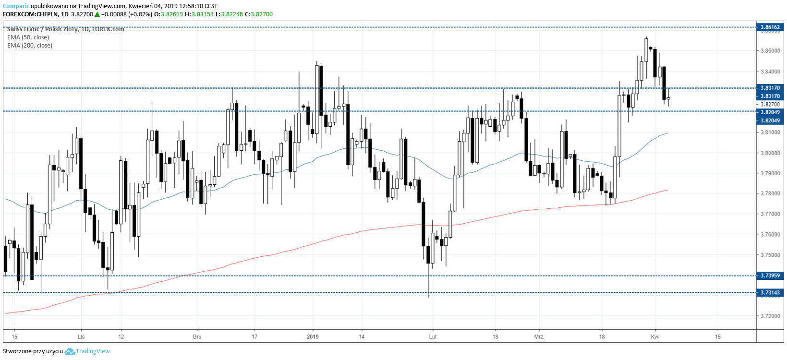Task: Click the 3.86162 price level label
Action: pyautogui.click(x=770, y=27)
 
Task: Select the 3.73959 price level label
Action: pyautogui.click(x=770, y=276)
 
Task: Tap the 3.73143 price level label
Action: pyautogui.click(x=770, y=292)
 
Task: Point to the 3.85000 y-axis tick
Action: pyautogui.click(x=770, y=51)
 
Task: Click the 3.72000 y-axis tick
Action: pyautogui.click(x=770, y=316)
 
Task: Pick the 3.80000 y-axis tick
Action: pyautogui.click(x=770, y=153)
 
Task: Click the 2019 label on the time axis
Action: pyautogui.click(x=313, y=336)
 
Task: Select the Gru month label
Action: pyautogui.click(x=197, y=336)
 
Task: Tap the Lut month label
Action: pyautogui.click(x=433, y=336)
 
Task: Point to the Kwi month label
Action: pyautogui.click(x=655, y=336)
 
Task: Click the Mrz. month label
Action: pyautogui.click(x=539, y=336)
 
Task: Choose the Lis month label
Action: pyautogui.click(x=81, y=336)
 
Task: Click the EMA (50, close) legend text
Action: pyautogui.click(x=28, y=37)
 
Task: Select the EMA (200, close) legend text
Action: pyautogui.click(x=30, y=46)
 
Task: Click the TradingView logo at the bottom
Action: pyautogui.click(x=87, y=351)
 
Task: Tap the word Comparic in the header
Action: pyautogui.click(x=16, y=6)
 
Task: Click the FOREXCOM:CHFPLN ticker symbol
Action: pyautogui.click(x=30, y=14)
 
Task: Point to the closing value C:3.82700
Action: pyautogui.click(x=259, y=14)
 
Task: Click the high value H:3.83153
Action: pyautogui.click(x=199, y=14)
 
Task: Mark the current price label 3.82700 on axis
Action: pyautogui.click(x=770, y=104)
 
